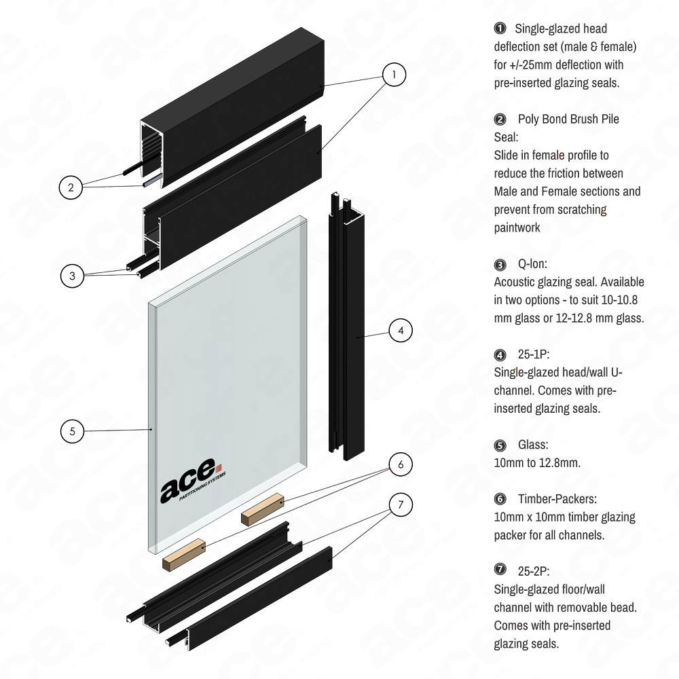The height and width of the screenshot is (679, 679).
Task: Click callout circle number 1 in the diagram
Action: [394, 75]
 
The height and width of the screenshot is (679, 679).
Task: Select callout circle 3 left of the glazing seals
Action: [71, 275]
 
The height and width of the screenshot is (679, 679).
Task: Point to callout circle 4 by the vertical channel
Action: [401, 331]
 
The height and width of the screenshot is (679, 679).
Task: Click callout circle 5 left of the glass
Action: [73, 430]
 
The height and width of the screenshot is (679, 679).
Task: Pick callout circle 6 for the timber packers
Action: [401, 464]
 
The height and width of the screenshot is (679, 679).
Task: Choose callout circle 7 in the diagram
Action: [401, 504]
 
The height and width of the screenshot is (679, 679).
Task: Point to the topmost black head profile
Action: [231, 88]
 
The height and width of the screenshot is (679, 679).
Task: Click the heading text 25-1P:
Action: [533, 354]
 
